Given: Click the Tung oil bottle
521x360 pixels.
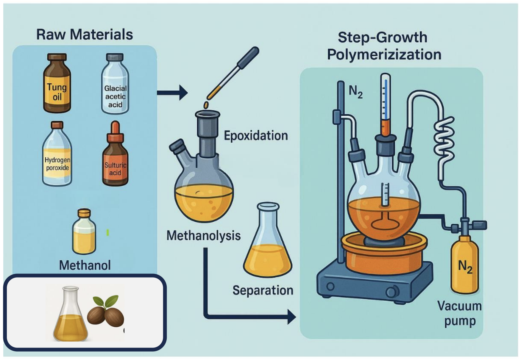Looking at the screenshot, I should (57, 83).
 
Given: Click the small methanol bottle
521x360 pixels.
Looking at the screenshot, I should (84, 232).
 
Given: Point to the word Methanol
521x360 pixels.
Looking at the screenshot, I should (85, 265).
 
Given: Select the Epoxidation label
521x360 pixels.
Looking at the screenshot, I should (256, 136).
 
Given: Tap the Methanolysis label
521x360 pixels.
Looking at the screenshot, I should (203, 235).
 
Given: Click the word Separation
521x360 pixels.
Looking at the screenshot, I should (263, 290).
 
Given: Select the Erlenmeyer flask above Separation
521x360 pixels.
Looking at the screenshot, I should (268, 241).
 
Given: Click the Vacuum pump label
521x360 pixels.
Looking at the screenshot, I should (459, 313).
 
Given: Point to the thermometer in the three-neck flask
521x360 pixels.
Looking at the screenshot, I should (386, 104).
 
